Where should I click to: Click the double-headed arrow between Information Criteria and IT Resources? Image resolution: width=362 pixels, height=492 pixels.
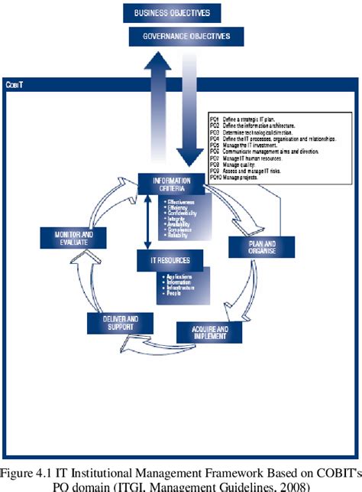pyautogui.click(x=147, y=223)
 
